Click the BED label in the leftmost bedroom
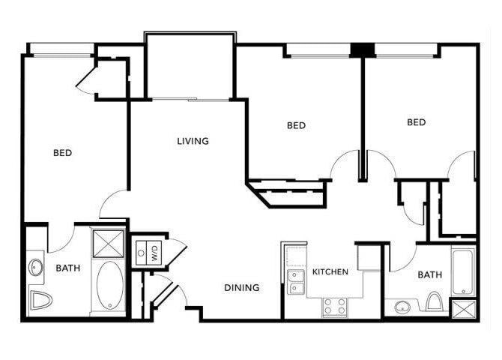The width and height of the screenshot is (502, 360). coord(62,153)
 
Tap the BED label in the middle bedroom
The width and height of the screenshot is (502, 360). coord(296,125)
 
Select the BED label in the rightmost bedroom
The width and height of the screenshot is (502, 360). coord(416,122)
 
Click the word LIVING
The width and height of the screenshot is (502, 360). coord(193,141)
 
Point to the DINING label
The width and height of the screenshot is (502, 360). coord(241,287)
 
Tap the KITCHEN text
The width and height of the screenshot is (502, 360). coord(330,271)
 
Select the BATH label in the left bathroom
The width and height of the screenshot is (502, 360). coord(67,268)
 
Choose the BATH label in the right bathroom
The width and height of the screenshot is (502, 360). coord(429,275)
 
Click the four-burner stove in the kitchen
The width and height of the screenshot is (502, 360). coord(334,306)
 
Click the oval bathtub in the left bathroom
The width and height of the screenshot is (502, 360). coord(109,285)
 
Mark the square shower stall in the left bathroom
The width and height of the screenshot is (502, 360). coord(109,243)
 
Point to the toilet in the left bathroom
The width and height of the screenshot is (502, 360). coord(40,301)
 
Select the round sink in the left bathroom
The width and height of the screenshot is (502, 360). coord(36,267)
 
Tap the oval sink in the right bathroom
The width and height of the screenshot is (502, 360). coord(404,307)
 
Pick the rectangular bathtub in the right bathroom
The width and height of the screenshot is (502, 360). coord(463,271)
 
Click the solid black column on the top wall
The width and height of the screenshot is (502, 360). coord(362,50)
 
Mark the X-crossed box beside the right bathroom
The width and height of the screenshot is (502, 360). coord(463,309)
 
